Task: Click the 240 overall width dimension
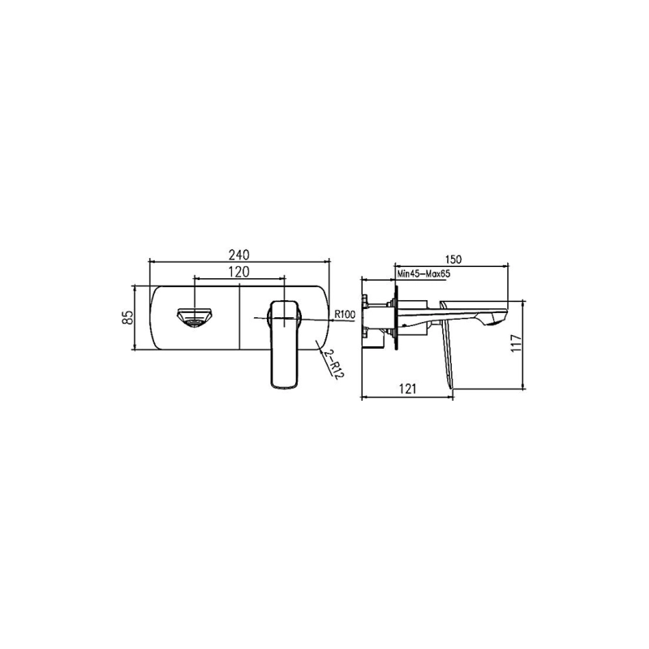click(x=239, y=253)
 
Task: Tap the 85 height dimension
click(x=127, y=317)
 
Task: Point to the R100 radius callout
click(x=345, y=315)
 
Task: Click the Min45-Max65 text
click(x=425, y=276)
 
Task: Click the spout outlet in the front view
click(x=195, y=316)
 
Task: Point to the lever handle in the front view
click(x=282, y=341)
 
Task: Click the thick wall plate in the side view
click(x=395, y=316)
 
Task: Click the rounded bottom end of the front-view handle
click(x=282, y=383)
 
